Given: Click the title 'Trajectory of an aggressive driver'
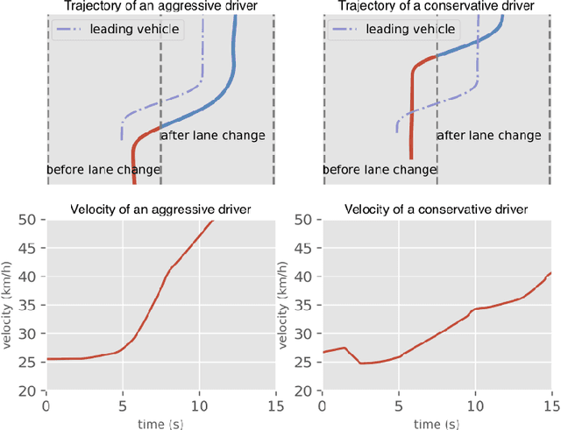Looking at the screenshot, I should (160, 7).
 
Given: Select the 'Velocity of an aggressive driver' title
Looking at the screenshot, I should (160, 209).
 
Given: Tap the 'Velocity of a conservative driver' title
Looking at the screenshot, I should (436, 209).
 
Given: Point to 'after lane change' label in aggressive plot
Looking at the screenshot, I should (212, 136).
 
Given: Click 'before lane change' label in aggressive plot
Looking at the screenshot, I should (103, 170).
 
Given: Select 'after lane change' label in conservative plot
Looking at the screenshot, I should (488, 136).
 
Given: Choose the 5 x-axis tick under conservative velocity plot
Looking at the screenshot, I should (399, 407).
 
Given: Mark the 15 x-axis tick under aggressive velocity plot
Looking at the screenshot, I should (276, 407).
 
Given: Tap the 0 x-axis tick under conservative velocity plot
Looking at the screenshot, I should (323, 407).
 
